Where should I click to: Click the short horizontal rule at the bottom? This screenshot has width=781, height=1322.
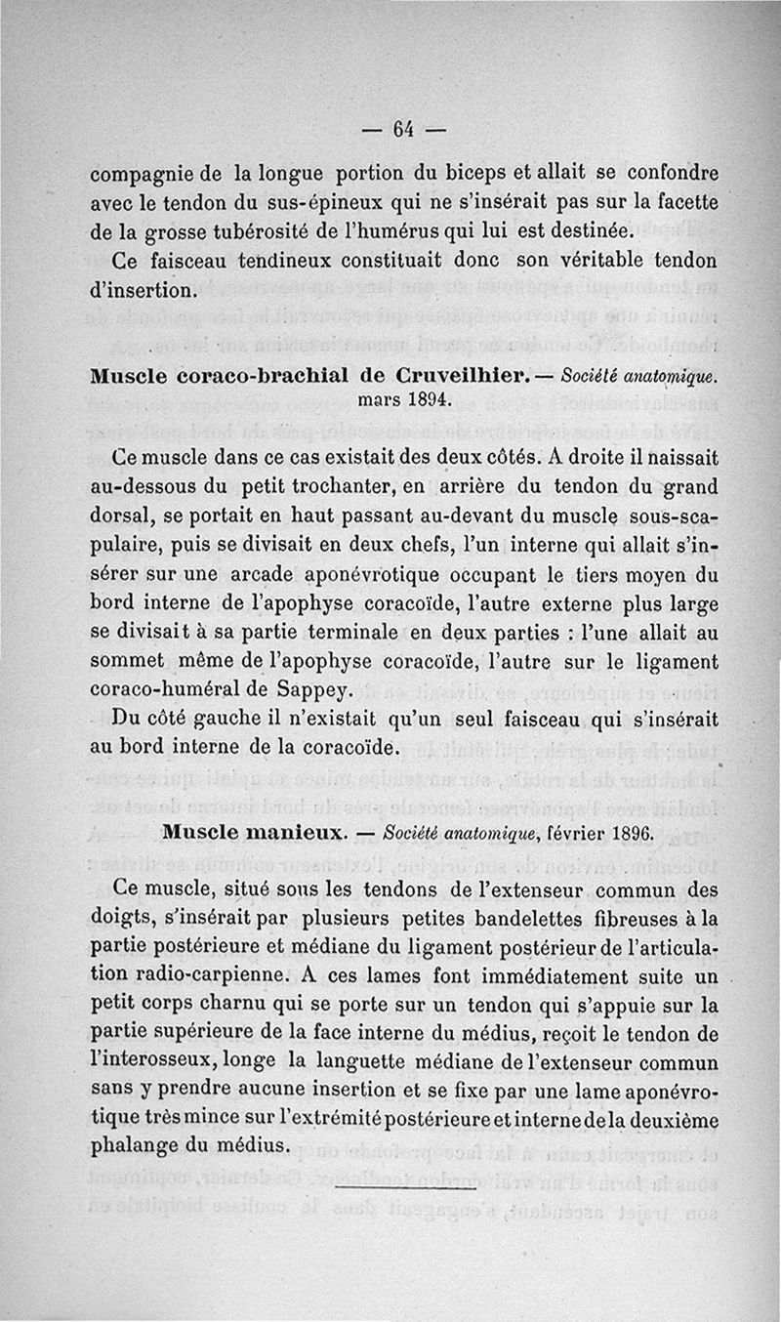click(x=405, y=1189)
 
